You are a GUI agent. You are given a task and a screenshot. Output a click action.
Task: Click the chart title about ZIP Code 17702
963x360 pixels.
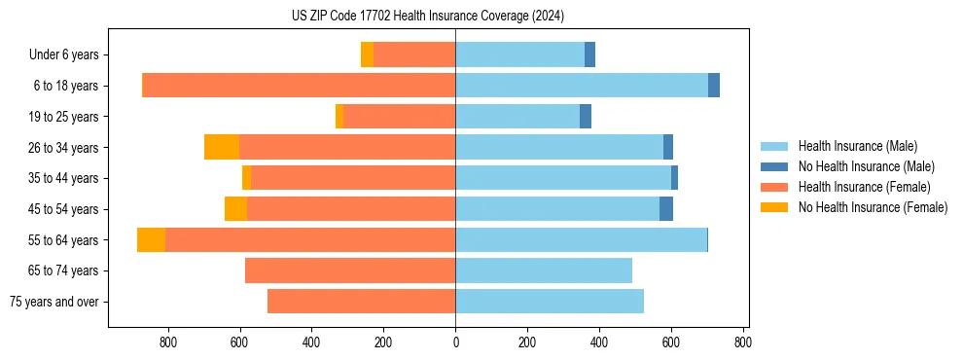click(427, 17)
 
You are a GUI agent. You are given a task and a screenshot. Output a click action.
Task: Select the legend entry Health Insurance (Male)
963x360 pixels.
click(857, 146)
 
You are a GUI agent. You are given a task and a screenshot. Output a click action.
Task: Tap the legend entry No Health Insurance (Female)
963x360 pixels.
click(873, 207)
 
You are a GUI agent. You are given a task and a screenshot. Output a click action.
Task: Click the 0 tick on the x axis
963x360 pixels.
click(455, 342)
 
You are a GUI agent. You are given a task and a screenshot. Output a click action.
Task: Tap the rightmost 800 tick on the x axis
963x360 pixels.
click(742, 342)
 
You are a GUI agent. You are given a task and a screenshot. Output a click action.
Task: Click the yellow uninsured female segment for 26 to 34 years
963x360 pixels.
click(222, 147)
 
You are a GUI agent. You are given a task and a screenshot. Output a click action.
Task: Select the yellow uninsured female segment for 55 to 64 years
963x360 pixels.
click(151, 239)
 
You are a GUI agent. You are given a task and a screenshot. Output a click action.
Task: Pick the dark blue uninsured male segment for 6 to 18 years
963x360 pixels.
click(714, 86)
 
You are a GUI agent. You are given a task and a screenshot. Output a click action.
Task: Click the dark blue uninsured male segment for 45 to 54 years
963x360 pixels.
click(666, 209)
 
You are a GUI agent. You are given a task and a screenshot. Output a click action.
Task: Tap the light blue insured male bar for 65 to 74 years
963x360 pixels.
click(544, 270)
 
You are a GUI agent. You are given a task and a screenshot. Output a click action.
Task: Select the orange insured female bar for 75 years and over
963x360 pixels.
click(361, 302)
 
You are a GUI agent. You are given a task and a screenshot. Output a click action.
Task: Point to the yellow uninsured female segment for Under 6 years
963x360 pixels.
click(367, 55)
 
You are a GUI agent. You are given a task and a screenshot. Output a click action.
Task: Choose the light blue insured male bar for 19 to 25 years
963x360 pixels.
click(517, 117)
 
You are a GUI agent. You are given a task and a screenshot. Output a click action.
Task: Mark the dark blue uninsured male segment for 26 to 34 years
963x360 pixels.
click(668, 147)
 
